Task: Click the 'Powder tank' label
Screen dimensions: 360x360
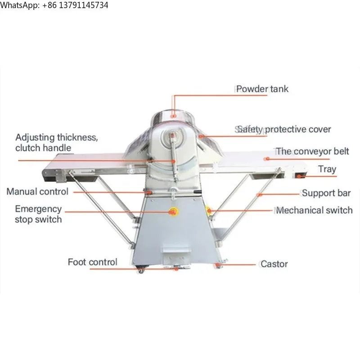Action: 262,89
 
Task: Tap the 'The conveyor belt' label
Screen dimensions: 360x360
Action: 312,151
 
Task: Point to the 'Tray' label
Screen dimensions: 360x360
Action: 327,169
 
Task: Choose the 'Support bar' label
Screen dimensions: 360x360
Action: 326,193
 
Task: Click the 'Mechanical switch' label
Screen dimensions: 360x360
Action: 314,210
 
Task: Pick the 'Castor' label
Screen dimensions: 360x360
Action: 274,264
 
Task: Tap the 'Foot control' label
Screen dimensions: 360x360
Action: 93,262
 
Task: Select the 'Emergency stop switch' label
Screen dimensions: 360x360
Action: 38,214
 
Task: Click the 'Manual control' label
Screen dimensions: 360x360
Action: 37,192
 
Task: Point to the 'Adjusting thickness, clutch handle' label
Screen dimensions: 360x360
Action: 57,143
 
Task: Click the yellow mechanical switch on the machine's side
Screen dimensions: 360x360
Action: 208,210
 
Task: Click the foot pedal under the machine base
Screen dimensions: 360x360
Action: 177,267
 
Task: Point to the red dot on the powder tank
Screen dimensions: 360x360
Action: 174,116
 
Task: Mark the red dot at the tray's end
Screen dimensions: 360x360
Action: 299,176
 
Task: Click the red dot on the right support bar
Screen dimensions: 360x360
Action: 259,194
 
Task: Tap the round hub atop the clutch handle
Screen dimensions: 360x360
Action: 173,136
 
